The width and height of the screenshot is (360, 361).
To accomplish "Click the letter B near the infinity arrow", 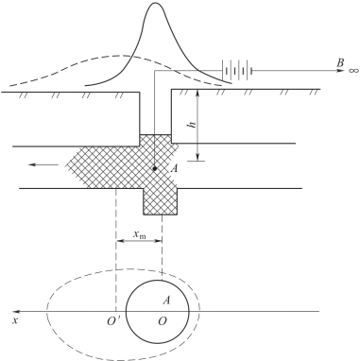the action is (340, 63).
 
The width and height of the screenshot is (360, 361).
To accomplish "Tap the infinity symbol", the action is (353, 70).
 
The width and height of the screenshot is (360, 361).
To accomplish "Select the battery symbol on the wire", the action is (237, 70).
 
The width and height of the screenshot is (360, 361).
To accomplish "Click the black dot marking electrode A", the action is (155, 169).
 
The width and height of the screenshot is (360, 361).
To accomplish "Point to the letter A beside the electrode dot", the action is (174, 169).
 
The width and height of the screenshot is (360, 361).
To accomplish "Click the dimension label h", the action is (192, 124).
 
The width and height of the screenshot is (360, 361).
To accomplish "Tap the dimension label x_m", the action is (140, 234).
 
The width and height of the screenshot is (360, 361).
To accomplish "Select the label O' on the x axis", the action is (111, 321).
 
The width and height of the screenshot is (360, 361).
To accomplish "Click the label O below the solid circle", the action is (163, 321).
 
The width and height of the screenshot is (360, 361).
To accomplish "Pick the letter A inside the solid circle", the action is (166, 301).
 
